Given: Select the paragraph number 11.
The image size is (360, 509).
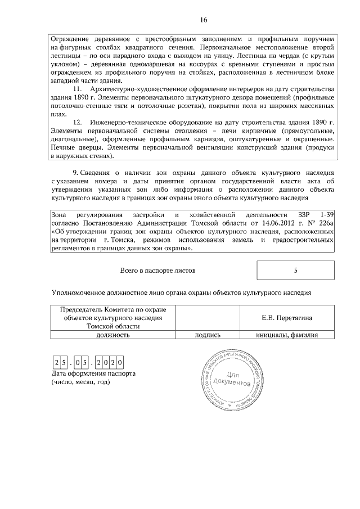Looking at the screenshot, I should [x=79, y=90].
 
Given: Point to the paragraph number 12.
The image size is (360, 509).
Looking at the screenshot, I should [x=79, y=123].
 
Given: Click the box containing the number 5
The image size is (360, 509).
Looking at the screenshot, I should [x=295, y=271].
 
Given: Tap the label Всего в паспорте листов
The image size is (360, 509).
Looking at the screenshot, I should [x=158, y=271].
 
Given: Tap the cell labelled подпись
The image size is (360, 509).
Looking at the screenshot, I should [x=207, y=335].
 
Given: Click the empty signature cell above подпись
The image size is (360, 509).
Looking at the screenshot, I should [x=207, y=318].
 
